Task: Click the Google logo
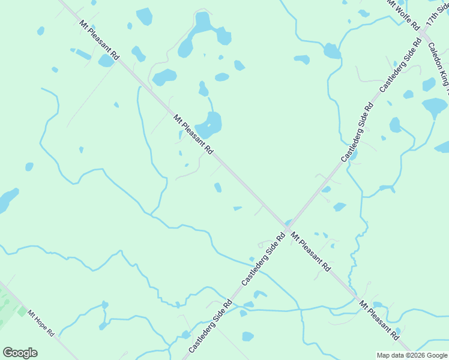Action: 20,353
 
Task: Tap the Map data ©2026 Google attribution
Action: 412,355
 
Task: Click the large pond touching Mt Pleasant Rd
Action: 210,125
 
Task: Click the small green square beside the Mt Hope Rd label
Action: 22,313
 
